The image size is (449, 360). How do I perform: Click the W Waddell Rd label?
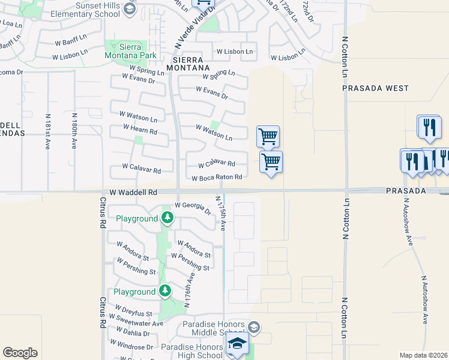(133, 193)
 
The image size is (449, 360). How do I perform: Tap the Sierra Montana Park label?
(124, 50)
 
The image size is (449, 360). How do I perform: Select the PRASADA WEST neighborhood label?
(375, 88)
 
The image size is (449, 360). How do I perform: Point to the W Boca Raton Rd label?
(217, 178)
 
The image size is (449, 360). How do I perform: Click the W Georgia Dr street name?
(193, 208)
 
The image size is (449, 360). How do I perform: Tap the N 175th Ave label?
(221, 212)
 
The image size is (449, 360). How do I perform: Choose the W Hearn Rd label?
(140, 129)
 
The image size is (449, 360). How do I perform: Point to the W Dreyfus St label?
(130, 313)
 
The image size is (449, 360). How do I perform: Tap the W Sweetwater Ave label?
(135, 323)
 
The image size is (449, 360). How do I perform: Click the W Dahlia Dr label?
(133, 333)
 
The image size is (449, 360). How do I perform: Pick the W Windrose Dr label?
(131, 347)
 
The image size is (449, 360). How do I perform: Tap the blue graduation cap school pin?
(237, 344)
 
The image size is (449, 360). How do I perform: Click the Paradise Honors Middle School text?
(214, 329)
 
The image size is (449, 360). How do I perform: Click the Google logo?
(20, 353)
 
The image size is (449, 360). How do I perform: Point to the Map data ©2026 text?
(423, 355)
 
